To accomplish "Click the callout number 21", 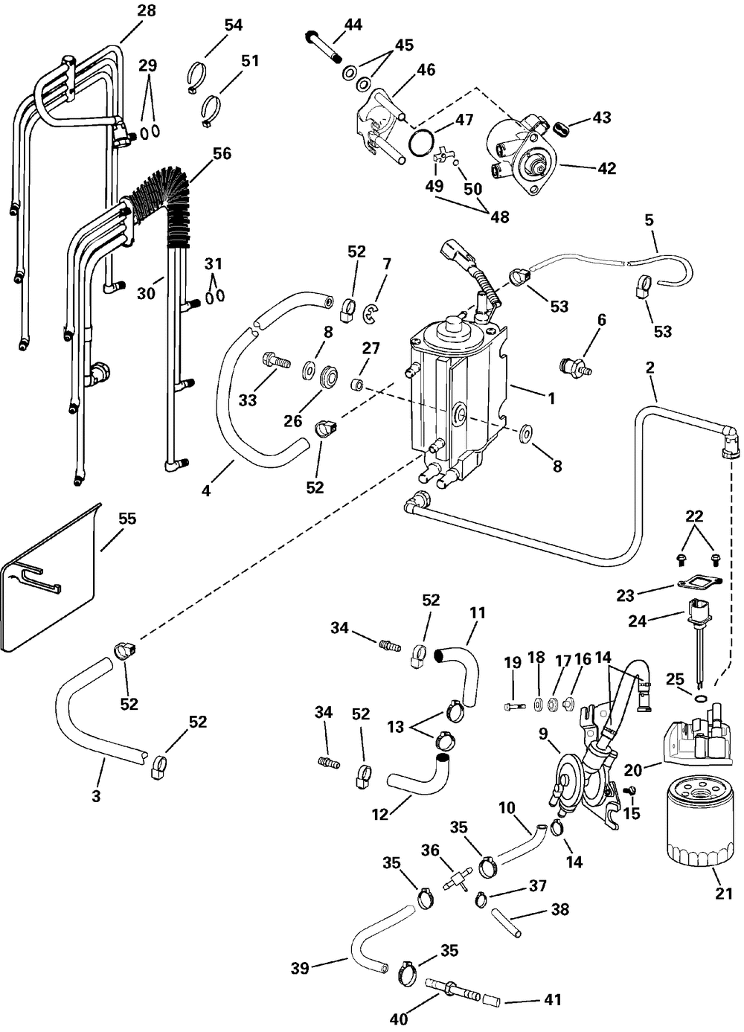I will tap(723, 894).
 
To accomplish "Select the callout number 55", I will tap(127, 519).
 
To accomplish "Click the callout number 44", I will tap(353, 25).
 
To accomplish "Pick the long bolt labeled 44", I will tap(324, 48).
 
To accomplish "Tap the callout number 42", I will tap(606, 168).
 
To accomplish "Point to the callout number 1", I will tap(551, 399).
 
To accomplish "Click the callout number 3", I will tap(96, 795).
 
